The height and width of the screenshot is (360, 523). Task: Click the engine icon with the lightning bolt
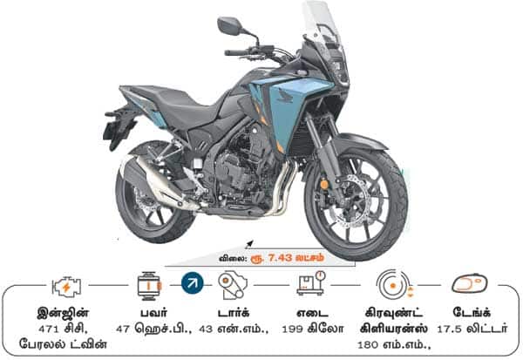[67, 287]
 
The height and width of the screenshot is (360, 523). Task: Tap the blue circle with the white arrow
[192, 283]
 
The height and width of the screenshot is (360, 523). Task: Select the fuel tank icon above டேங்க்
[470, 284]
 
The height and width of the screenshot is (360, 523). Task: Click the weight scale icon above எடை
[311, 283]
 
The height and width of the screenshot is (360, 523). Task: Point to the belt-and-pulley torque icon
[233, 285]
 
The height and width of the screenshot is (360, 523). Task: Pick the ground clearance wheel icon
[395, 284]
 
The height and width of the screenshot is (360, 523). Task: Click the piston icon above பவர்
[149, 286]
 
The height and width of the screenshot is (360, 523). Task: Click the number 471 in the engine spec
[49, 329]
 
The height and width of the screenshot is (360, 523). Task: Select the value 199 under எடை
[292, 329]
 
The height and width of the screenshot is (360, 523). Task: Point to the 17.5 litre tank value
[449, 329]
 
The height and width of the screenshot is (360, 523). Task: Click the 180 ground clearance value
[368, 344]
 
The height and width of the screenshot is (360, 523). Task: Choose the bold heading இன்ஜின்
[63, 313]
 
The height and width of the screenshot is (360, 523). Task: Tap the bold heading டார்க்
[234, 313]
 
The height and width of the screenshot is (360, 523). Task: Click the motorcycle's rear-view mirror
[229, 25]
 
